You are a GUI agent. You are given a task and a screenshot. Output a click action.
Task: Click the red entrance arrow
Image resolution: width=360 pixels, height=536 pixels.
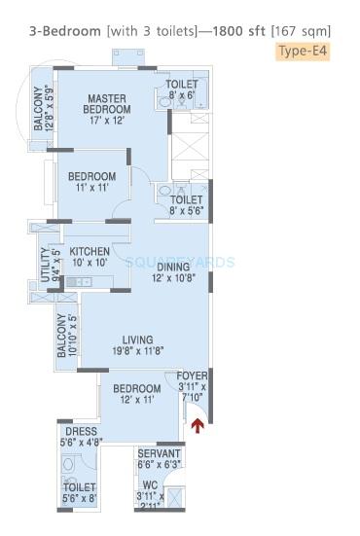click(x=199, y=424)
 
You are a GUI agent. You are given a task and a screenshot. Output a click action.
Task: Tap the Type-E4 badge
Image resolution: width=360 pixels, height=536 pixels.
click(x=302, y=49)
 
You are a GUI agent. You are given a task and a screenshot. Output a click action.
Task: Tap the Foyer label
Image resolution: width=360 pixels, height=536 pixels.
click(x=191, y=382)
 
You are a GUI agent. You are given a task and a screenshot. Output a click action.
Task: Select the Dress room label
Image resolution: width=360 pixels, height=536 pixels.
click(x=81, y=436)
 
